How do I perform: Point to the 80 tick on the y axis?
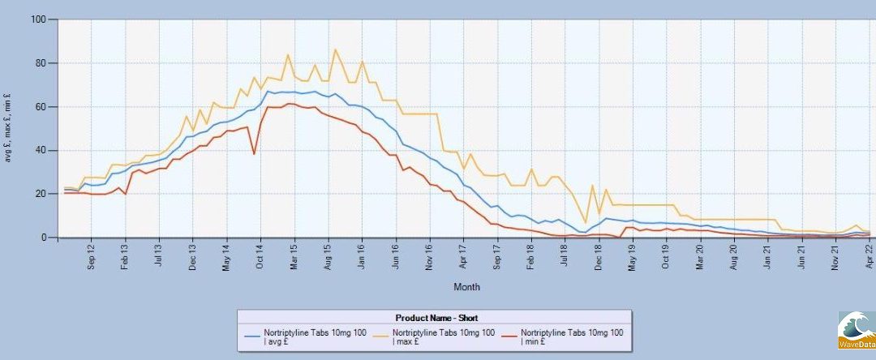(x=43, y=63)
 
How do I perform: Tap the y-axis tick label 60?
(x=43, y=107)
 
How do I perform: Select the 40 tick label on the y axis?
(x=43, y=151)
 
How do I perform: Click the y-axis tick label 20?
(x=43, y=195)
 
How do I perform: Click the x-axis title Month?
(x=466, y=286)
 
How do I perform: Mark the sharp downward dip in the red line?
(x=255, y=153)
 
